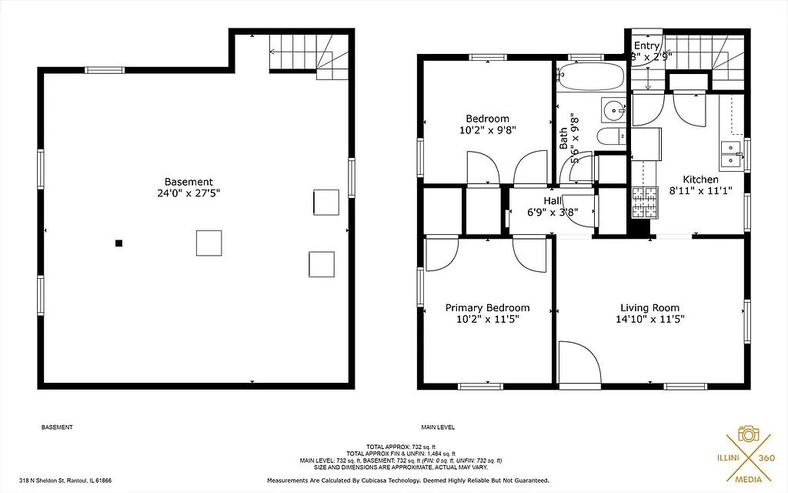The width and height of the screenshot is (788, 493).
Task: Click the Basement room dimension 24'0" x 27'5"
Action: (189, 194)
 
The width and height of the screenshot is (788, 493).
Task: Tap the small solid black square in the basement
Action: (119, 243)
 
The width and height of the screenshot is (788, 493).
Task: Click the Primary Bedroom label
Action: (487, 307)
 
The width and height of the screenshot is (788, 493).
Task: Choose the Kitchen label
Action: (700, 179)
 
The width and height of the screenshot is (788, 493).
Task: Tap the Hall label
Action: (553, 200)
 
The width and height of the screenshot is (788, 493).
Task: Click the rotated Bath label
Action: (563, 138)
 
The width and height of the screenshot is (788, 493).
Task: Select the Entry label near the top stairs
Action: (646, 46)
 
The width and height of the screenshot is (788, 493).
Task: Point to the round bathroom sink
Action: (613, 110)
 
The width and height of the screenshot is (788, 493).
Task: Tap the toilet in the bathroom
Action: (613, 137)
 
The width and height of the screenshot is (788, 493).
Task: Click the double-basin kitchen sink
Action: (730, 156)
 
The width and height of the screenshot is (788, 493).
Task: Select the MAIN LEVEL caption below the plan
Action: (438, 427)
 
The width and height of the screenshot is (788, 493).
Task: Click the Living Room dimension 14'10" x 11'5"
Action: (650, 319)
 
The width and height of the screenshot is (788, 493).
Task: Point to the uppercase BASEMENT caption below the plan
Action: (56, 427)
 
